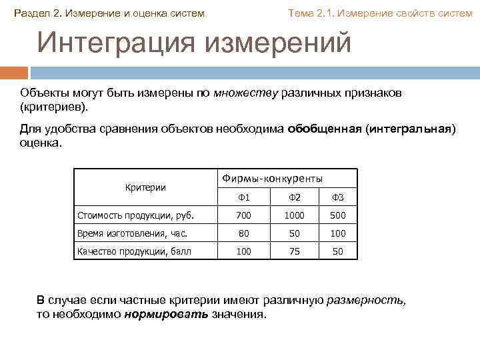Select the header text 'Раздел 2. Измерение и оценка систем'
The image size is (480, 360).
[x=110, y=13]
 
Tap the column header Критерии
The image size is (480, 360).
[x=145, y=187]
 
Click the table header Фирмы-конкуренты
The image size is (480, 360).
[x=272, y=179]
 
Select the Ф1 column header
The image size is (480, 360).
[x=244, y=197]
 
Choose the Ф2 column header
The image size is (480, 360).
[x=295, y=197]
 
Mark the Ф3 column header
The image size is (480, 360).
[x=337, y=197]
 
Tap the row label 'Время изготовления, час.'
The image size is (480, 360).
[x=133, y=233]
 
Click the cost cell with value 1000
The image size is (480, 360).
[x=295, y=215]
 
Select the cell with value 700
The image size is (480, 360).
[x=244, y=215]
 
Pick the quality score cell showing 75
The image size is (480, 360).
[x=295, y=251]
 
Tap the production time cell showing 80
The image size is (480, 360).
[x=244, y=233]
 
